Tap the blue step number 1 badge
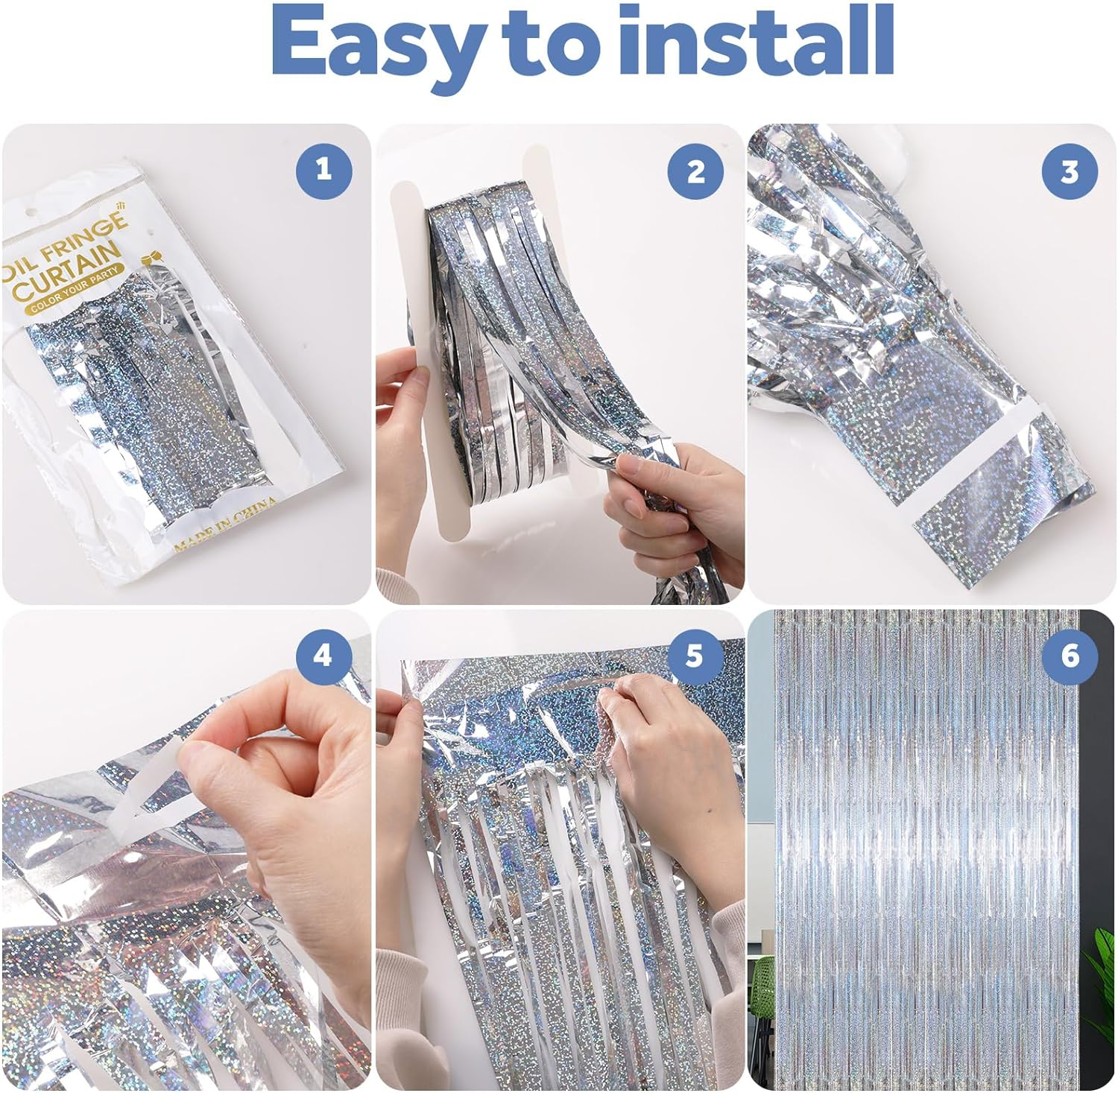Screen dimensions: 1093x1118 [x=323, y=171]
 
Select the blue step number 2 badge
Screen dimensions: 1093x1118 [x=695, y=171]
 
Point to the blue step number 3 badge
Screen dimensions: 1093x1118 [x=1070, y=171]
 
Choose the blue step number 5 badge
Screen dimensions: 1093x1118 [x=695, y=656]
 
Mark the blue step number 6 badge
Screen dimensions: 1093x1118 [x=1070, y=656]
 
